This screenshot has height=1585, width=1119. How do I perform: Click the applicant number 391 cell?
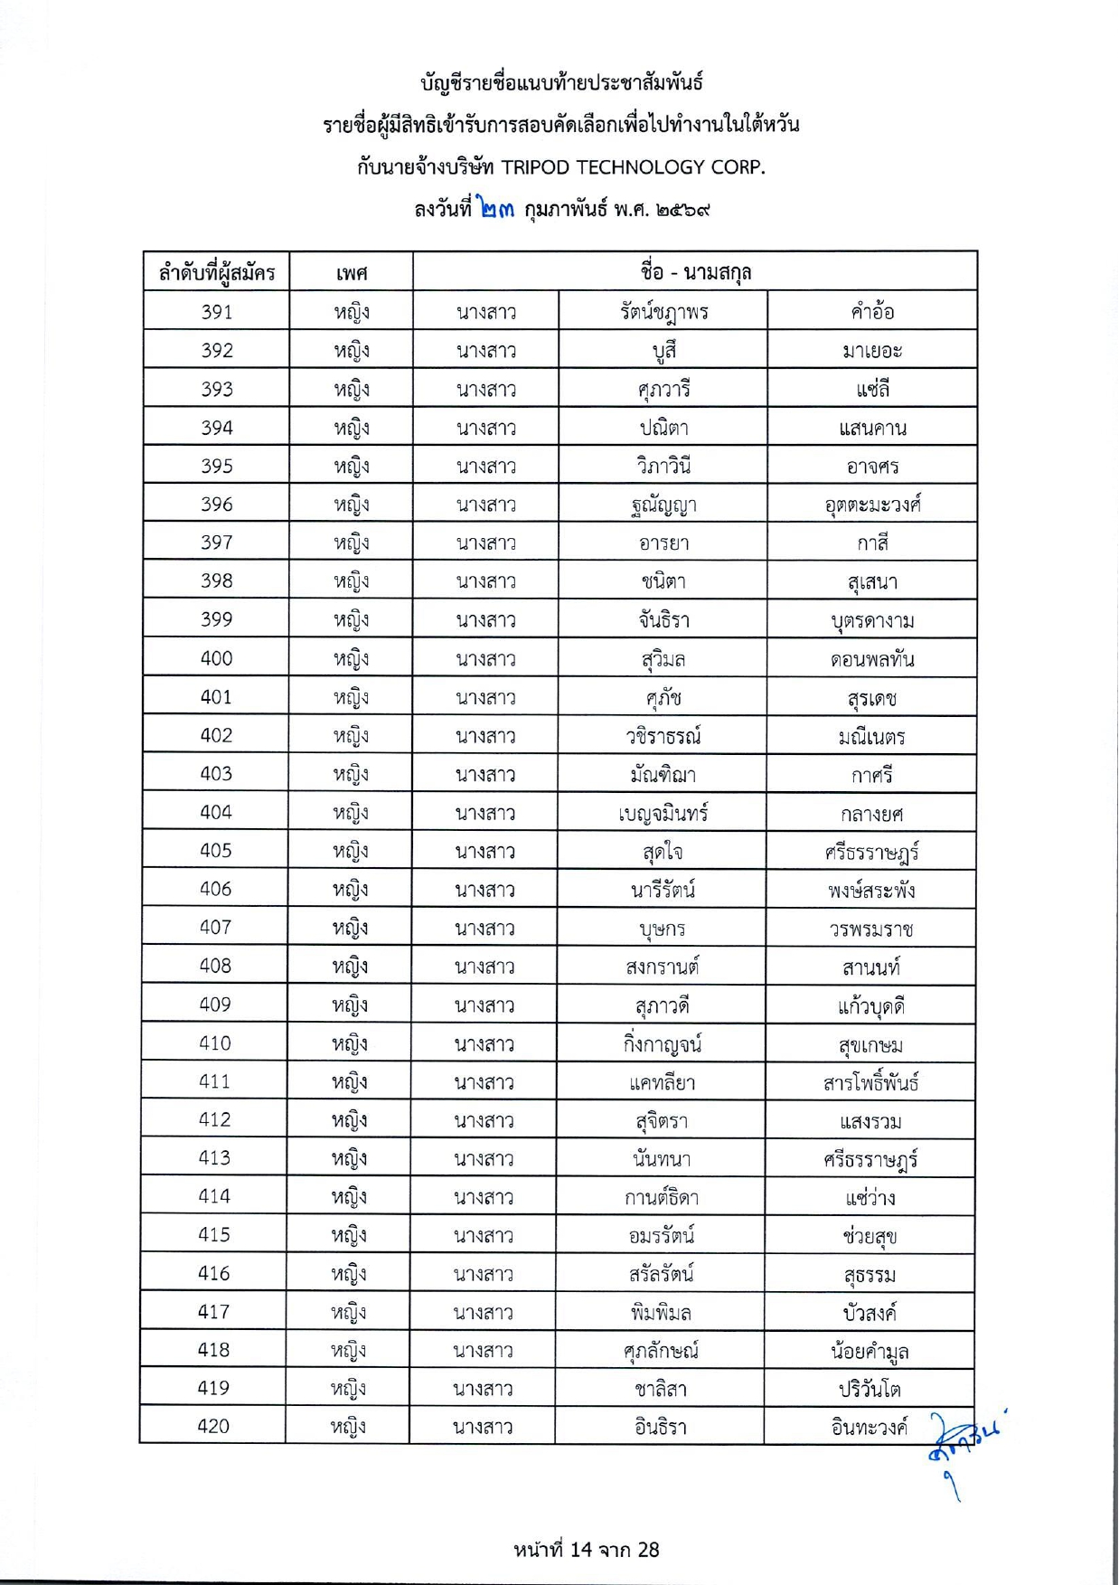pyautogui.click(x=217, y=312)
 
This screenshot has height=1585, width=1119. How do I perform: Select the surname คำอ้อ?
pyautogui.click(x=872, y=312)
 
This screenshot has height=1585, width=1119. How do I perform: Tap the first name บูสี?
pyautogui.click(x=663, y=351)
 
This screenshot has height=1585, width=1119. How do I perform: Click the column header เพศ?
pyautogui.click(x=351, y=272)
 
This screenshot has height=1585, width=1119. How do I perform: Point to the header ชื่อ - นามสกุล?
pyautogui.click(x=695, y=271)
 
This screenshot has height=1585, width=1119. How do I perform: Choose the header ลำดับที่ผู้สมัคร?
pyautogui.click(x=217, y=272)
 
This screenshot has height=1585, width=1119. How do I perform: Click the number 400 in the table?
pyautogui.click(x=217, y=658)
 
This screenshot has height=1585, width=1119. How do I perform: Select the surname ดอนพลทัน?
pyautogui.click(x=872, y=659)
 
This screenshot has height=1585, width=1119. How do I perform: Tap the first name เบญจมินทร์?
pyautogui.click(x=663, y=813)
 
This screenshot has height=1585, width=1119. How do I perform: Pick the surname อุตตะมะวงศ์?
pyautogui.click(x=872, y=505)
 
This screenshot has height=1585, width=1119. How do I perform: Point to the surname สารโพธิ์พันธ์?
pyautogui.click(x=871, y=1082)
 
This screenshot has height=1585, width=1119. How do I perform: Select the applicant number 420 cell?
pyautogui.click(x=214, y=1426)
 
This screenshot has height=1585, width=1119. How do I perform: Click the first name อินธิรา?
pyautogui.click(x=661, y=1427)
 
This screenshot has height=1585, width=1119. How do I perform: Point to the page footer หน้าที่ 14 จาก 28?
pyautogui.click(x=587, y=1550)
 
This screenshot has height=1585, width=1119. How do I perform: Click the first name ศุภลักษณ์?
pyautogui.click(x=662, y=1351)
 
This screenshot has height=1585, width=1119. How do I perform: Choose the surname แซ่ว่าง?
pyautogui.click(x=870, y=1198)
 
